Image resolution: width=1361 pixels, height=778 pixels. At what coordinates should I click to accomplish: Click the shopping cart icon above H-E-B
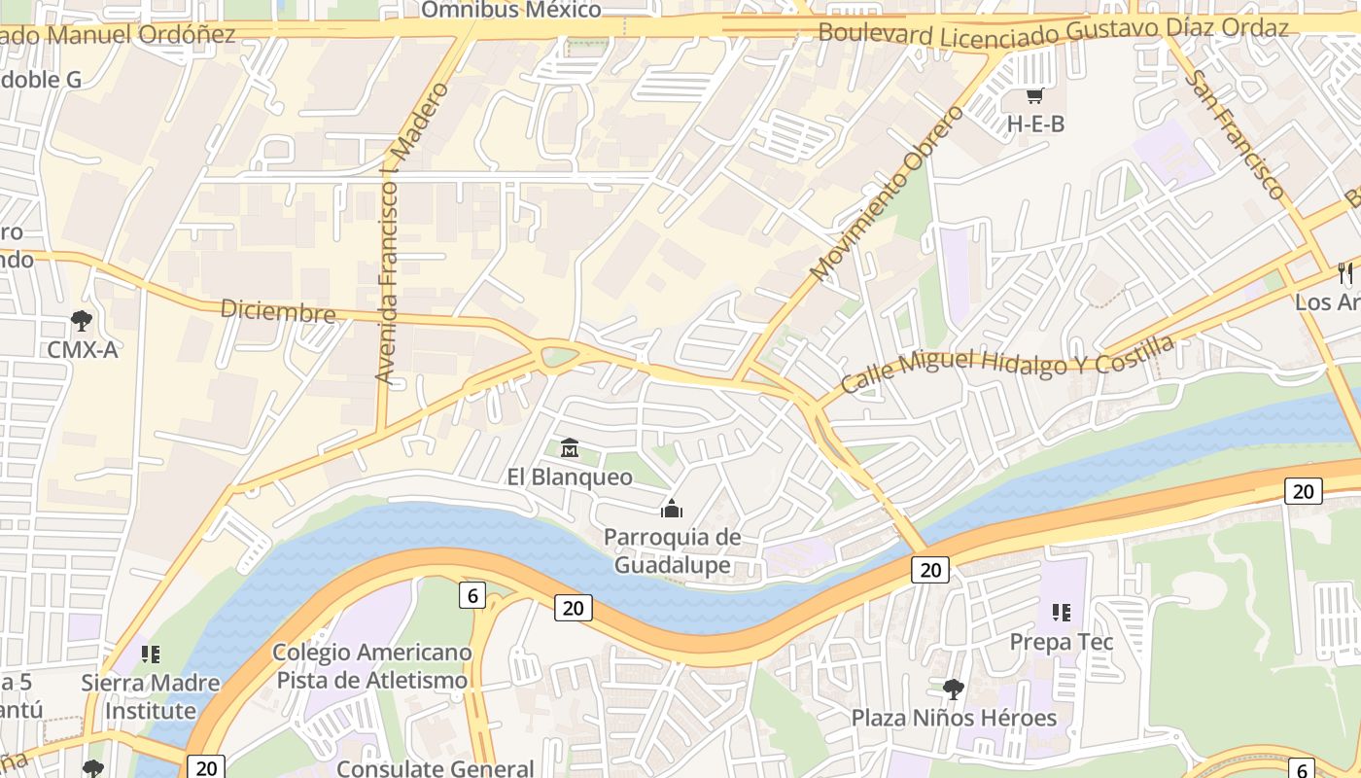(x=1035, y=96)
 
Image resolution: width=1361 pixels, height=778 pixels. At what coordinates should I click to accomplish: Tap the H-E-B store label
(x=1035, y=124)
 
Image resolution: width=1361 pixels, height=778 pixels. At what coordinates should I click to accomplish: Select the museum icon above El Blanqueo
(x=570, y=448)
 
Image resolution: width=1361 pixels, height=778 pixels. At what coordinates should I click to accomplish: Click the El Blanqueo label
(x=570, y=477)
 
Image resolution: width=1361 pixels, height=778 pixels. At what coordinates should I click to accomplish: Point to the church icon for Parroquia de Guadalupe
(x=671, y=509)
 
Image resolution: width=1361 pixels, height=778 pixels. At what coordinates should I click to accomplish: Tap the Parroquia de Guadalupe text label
(x=672, y=551)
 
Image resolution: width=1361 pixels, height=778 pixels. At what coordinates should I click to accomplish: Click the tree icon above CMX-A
(x=83, y=320)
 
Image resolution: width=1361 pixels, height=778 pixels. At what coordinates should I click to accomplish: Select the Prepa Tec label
(x=1062, y=642)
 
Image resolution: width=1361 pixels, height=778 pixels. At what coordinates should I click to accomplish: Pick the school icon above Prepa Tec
(x=1062, y=613)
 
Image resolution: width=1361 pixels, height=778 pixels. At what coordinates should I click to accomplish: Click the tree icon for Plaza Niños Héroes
(x=954, y=690)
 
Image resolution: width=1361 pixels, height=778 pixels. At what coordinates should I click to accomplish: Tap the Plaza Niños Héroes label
(x=954, y=719)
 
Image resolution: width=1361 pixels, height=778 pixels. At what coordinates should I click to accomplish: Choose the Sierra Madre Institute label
(x=151, y=696)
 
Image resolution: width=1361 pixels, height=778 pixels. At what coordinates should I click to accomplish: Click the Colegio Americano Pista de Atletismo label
(x=372, y=666)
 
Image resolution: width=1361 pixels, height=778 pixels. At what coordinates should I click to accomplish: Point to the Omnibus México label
(x=511, y=11)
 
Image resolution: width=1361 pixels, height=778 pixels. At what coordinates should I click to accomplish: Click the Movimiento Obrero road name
(x=887, y=194)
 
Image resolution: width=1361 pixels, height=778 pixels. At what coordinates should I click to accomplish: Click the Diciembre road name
(x=278, y=311)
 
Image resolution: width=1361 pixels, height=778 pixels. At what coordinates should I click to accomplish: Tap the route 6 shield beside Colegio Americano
(x=471, y=595)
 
